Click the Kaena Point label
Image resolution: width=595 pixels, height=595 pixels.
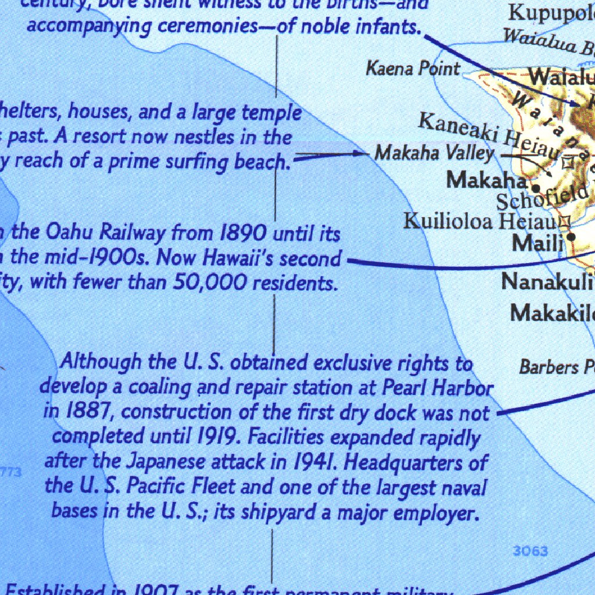click(413, 69)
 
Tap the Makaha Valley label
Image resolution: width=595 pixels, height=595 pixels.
click(434, 153)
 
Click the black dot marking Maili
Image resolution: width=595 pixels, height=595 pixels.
click(572, 236)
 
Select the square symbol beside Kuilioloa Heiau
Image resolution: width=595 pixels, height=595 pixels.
click(563, 221)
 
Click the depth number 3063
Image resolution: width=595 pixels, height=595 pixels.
click(530, 550)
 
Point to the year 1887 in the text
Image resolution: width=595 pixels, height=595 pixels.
click(80, 411)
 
